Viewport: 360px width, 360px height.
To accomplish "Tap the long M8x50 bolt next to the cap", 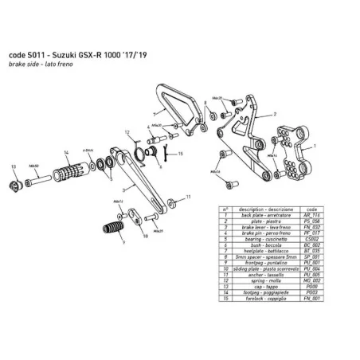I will (x=35, y=177).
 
